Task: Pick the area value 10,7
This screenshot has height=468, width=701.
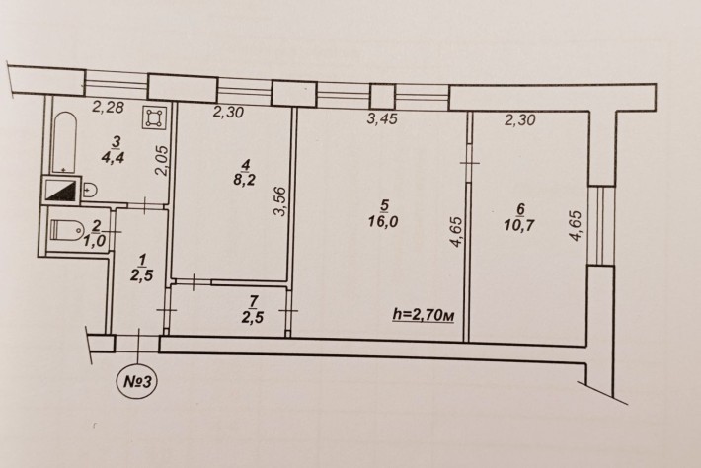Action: pyautogui.click(x=520, y=223)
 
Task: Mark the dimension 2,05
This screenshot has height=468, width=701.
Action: pyautogui.click(x=165, y=161)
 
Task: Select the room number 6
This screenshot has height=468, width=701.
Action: pyautogui.click(x=520, y=207)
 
